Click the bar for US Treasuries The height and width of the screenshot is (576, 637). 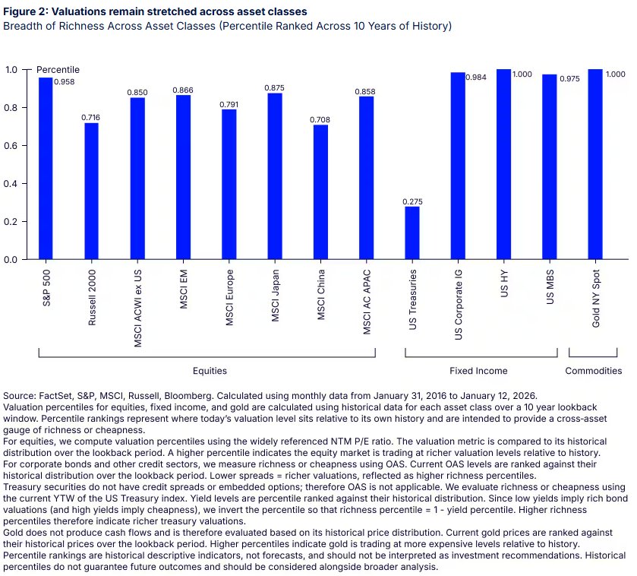coord(412,233)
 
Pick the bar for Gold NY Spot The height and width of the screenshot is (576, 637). coord(594,164)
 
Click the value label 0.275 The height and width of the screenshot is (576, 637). coord(412,201)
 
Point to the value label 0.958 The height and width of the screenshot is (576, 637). coord(63,81)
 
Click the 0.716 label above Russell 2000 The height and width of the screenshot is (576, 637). coord(91,118)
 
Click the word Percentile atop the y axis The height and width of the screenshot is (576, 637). coord(58,70)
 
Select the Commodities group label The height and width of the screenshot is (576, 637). coord(594,371)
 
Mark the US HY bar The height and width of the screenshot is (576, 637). coord(503,164)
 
